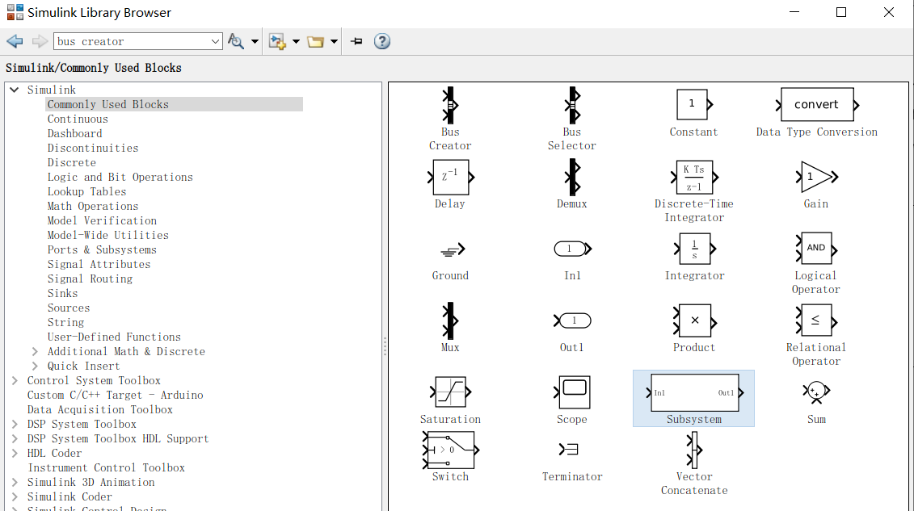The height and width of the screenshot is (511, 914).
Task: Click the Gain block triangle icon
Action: tap(815, 177)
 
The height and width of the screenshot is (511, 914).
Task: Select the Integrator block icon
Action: tap(694, 249)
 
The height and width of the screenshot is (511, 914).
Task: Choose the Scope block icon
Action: tap(572, 392)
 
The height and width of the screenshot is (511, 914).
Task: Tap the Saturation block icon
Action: tap(450, 392)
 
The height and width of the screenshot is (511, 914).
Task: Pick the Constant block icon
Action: tap(693, 104)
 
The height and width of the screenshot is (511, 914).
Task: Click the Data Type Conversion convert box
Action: tap(816, 105)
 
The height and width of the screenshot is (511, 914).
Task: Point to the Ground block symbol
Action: tap(450, 250)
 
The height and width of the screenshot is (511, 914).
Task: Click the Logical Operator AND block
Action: tap(815, 248)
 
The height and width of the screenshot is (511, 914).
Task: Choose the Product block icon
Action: tap(694, 320)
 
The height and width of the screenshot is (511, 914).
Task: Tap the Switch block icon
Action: tap(450, 450)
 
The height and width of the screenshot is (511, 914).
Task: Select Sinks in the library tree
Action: tap(63, 293)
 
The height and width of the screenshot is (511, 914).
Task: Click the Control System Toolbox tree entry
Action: tap(94, 380)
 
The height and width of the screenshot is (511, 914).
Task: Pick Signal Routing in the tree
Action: tap(90, 279)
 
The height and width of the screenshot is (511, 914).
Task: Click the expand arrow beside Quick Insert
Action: tap(35, 366)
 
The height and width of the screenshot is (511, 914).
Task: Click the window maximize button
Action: tap(841, 12)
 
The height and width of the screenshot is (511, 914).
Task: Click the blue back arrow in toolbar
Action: tap(15, 41)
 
